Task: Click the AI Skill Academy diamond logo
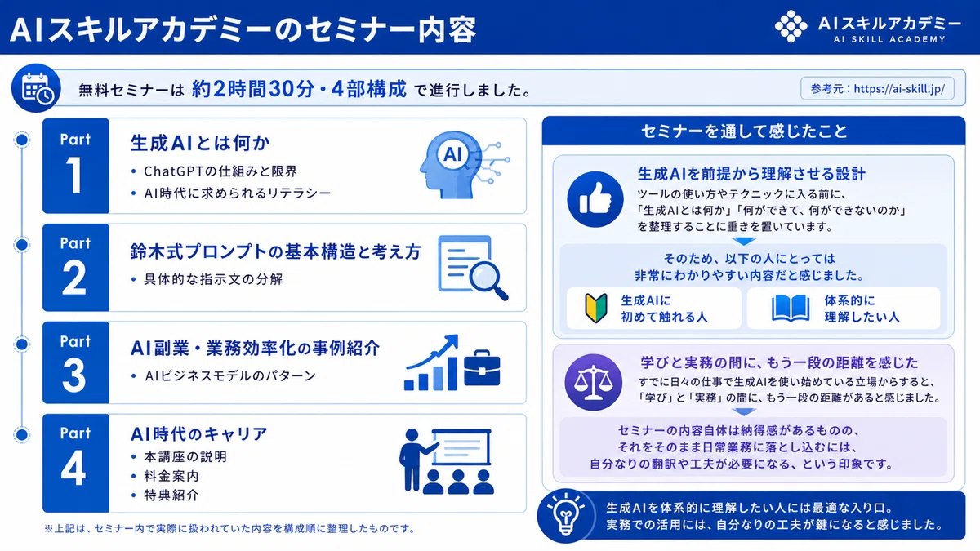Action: pos(791,26)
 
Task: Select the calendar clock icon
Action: pos(36,88)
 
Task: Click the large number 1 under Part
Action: pos(74,175)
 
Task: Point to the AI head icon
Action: pos(465,164)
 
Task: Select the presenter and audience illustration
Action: pos(447,461)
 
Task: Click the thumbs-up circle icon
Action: pos(595,199)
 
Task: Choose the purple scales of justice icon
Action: pos(593,382)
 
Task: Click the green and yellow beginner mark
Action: pos(596,308)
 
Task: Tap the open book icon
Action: pos(791,309)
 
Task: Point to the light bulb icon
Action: pos(566,516)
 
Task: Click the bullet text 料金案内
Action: pos(171,476)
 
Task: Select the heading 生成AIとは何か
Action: pos(200,143)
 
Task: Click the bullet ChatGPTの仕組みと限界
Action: pos(220,171)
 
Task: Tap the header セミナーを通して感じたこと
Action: pos(744,131)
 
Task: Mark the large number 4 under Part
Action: pos(73,468)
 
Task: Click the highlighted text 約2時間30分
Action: pos(253,89)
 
